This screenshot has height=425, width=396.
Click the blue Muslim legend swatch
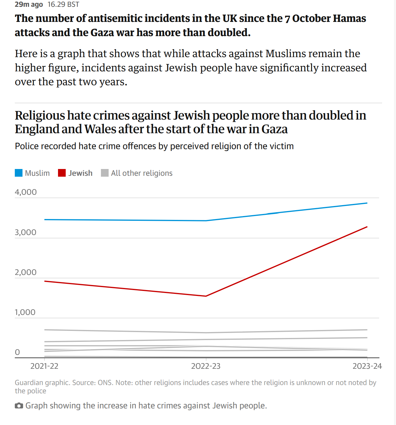coord(19,173)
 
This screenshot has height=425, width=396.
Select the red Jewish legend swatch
coord(62,173)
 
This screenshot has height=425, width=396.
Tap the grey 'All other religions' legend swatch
coord(105,173)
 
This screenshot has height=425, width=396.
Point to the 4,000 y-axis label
coord(26,192)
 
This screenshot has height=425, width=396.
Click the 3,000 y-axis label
coord(25,232)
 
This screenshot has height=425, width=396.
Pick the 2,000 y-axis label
coord(25,272)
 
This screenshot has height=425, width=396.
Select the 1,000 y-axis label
coord(25,312)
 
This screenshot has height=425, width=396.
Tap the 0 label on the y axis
coord(17,352)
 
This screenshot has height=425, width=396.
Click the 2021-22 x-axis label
coord(44,366)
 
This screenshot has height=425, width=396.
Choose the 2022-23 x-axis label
coord(206,366)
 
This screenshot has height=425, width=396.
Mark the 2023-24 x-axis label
coord(367,366)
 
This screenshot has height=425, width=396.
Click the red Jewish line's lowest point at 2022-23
coord(206,296)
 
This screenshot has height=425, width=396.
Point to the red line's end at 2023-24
coord(367,227)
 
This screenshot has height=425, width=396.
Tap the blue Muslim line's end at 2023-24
coord(367,203)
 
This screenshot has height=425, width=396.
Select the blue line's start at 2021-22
coord(45,220)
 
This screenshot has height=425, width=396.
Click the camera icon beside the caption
coord(19,406)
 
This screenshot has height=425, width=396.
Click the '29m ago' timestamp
coord(29,4)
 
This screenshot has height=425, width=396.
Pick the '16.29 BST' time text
coord(63,4)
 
